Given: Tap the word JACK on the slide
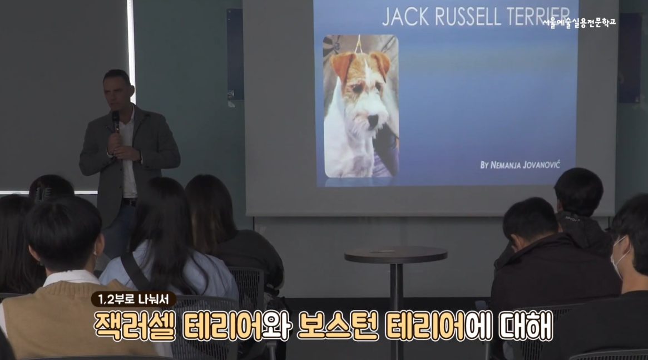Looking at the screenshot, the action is [405, 17].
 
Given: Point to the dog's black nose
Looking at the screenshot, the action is [373, 121].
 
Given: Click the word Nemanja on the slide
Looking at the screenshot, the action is [504, 165].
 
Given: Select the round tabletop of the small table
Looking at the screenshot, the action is [396, 255].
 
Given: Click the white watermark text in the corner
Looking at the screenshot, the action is [579, 23].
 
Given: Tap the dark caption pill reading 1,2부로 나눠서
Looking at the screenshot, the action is [133, 299].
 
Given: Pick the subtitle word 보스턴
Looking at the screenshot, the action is [337, 326].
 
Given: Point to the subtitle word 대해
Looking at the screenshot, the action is [526, 326].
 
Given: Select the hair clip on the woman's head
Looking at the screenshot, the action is [43, 193].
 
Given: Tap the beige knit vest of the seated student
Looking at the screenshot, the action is [70, 318].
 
